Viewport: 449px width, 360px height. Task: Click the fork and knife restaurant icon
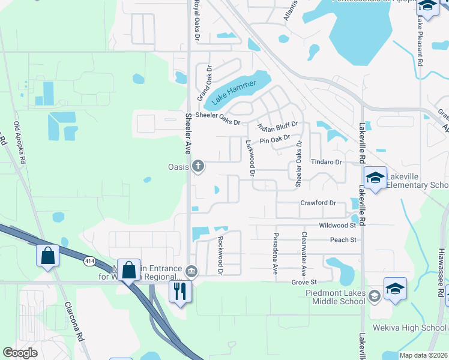pos(179,291)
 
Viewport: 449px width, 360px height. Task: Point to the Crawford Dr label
pos(318,203)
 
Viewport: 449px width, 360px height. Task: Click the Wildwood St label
pos(338,226)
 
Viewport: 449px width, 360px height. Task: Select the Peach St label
pos(343,240)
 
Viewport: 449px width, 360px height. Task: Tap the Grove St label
pos(304,281)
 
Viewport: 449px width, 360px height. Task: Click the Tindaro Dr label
pos(326,162)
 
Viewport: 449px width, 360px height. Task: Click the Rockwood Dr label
pos(220,256)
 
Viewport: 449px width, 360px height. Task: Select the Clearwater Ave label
pos(304,252)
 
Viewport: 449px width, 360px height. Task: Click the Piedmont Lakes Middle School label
pos(336,299)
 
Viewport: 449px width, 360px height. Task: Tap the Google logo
pos(20,353)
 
